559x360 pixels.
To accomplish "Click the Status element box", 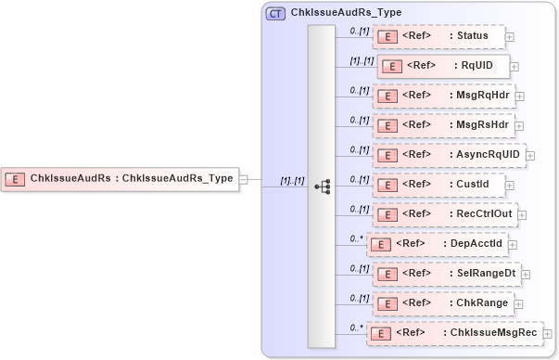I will coord(438,36).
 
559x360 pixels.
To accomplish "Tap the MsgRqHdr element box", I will coord(442,96).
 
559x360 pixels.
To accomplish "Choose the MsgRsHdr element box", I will coord(442,125).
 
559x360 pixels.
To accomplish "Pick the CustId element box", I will coord(438,185).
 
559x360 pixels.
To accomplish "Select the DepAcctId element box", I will coord(436,244).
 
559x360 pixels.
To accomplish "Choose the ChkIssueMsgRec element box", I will coord(454,333).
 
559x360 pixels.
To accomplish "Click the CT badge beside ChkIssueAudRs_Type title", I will coord(275,14).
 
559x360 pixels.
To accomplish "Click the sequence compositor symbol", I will coord(322,186).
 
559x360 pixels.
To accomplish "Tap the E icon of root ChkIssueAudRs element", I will coord(16,178).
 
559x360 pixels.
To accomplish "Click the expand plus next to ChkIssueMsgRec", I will coord(553,333).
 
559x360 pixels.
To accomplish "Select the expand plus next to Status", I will coord(510,37).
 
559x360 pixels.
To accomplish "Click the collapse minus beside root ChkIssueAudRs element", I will coord(244,178).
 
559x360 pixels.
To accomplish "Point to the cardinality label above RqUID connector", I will coord(361,60).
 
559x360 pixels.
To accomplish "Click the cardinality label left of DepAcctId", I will coord(356,238).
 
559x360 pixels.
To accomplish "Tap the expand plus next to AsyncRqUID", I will coord(531,155).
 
